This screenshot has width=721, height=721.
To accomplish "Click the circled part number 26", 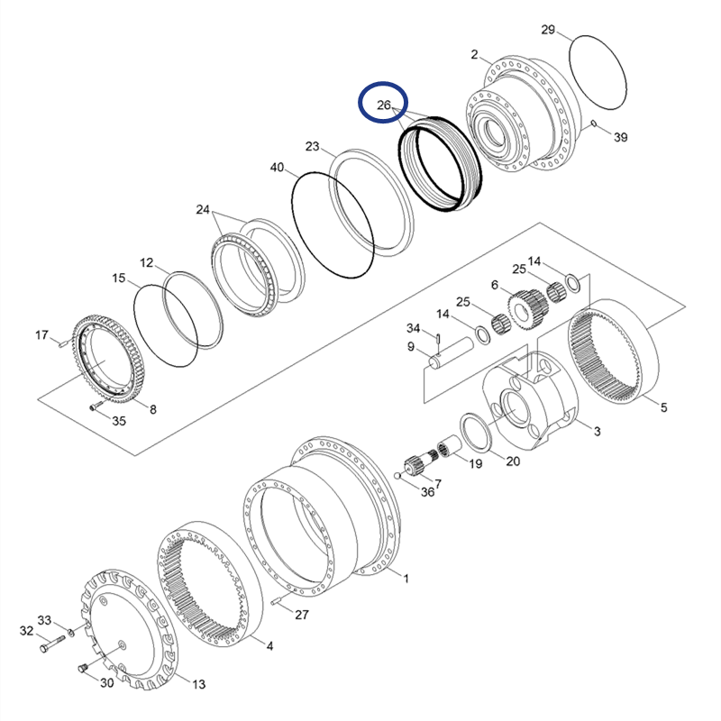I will (384, 105).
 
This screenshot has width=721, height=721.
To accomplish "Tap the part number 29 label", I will (548, 30).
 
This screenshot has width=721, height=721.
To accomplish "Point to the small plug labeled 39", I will (595, 123).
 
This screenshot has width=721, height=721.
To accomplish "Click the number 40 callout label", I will (277, 167).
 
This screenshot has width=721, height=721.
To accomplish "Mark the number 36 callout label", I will (427, 491).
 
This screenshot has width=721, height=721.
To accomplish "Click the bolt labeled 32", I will (50, 643).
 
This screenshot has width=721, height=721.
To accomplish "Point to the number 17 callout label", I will (41, 335).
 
